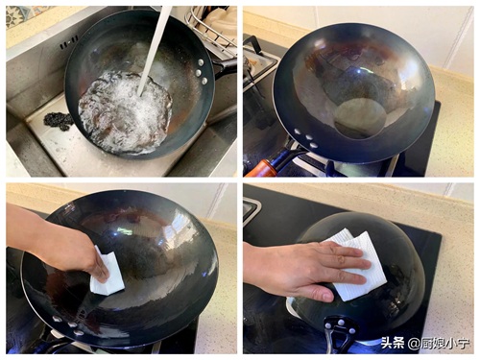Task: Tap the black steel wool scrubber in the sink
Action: tap(59, 121)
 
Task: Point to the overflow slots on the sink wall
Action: tap(69, 42)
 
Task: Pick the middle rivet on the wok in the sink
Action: tap(199, 72)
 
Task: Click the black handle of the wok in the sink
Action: tap(226, 66)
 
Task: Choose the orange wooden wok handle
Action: tap(260, 169)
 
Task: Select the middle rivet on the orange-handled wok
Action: tap(309, 137)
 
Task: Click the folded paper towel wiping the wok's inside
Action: tap(108, 272)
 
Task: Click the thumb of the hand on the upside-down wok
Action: tap(315, 293)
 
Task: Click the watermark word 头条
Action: tap(393, 343)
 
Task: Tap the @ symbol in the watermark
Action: tap(414, 344)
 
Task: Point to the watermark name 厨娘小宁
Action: tap(445, 344)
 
